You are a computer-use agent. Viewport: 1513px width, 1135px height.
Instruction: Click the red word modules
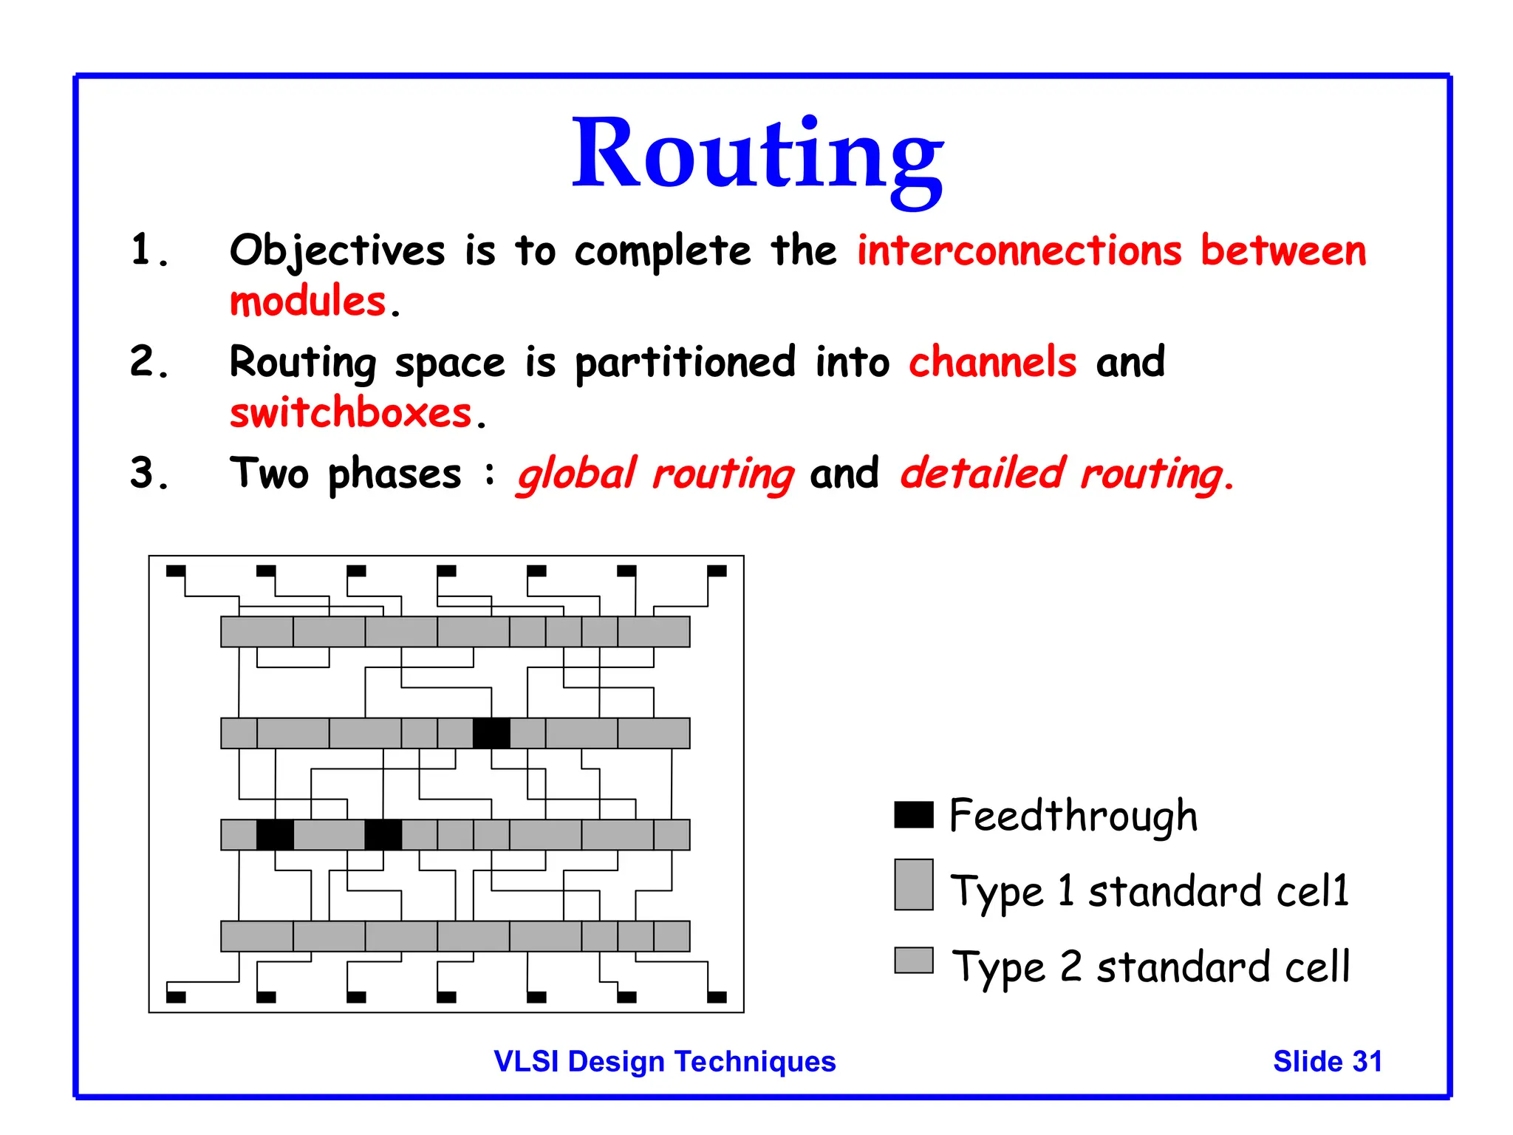tap(308, 301)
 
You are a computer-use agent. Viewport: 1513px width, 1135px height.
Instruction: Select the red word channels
tap(992, 362)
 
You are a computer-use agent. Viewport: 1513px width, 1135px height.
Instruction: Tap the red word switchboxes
tap(351, 412)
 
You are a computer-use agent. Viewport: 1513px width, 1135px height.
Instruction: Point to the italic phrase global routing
tap(655, 474)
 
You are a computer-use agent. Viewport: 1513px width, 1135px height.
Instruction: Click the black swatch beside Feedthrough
tap(913, 814)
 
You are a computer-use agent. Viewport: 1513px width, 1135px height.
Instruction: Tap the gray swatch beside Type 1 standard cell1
tap(913, 884)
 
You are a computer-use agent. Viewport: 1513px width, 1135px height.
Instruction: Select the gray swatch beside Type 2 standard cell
tap(913, 960)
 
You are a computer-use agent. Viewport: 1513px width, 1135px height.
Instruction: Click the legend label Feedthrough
tap(1073, 816)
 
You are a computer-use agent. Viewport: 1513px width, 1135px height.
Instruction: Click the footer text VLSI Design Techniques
tap(664, 1061)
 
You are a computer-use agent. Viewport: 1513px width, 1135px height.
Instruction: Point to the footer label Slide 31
tap(1327, 1061)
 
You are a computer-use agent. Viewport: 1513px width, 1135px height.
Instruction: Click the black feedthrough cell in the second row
tap(491, 733)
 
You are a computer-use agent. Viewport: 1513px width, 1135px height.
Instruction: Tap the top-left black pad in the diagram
tap(176, 570)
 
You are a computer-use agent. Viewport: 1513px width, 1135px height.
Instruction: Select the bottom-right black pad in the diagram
tap(717, 997)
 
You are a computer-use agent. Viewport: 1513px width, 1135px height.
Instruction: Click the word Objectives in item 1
tap(337, 251)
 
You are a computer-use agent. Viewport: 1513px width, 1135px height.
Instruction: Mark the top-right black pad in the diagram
tap(717, 570)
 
